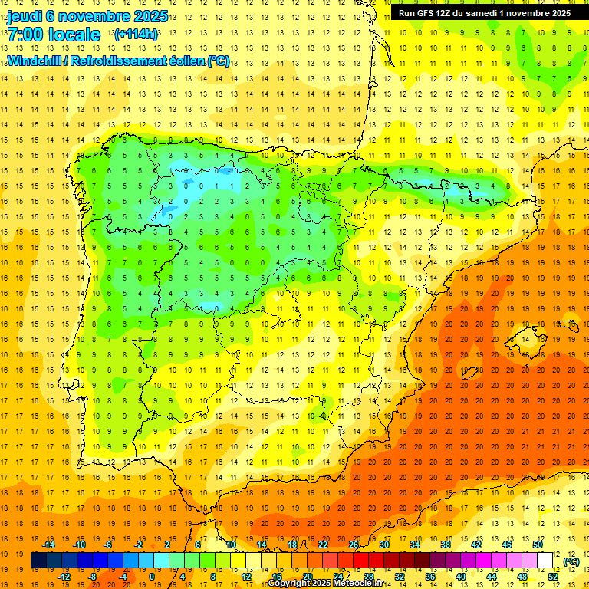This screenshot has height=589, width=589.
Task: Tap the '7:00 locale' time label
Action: tap(54, 35)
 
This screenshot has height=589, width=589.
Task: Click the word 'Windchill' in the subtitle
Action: tap(33, 61)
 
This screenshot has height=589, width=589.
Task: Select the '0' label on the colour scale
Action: tap(151, 576)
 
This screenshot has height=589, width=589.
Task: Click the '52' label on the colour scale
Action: tap(553, 576)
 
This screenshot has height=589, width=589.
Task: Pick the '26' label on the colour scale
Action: tap(353, 545)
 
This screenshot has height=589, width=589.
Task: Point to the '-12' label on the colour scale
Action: tap(64, 576)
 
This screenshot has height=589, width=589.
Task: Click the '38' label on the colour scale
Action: tap(445, 545)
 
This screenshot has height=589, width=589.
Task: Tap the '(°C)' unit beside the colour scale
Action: tap(571, 561)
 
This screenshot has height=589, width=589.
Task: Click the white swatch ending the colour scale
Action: tap(545, 561)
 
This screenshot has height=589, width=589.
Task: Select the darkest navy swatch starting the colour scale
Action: tap(38, 561)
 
